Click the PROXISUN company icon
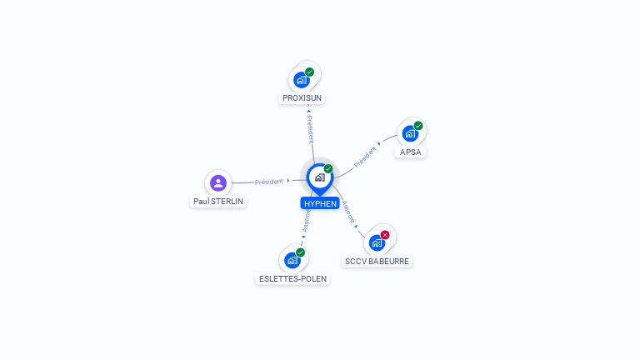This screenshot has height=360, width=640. pos(301,80)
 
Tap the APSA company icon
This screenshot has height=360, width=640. pos(409,133)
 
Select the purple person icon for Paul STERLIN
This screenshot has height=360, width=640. pos(218,182)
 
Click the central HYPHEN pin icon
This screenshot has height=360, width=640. pos(319,177)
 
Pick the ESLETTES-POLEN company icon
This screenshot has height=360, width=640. pos(292,260)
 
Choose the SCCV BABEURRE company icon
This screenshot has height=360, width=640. pos(377,242)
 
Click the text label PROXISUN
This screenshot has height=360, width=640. pos(302,98)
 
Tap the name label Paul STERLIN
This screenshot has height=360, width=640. pos(219,202)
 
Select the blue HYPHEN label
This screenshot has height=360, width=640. pos(320,203)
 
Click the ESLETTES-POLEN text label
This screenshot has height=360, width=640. pos(293,279)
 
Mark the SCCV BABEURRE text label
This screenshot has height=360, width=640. pos(377,262)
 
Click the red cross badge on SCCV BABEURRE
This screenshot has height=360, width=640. pos(385,234)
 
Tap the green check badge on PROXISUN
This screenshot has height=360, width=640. pos(309,72)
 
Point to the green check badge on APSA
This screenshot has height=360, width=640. pos(418,126)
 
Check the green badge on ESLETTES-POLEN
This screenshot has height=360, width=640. pos(300,252)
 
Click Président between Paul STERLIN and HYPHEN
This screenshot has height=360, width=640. pos(269,181)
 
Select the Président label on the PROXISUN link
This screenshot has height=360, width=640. pos(310,129)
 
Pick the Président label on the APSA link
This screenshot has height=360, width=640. pos(366,157)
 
